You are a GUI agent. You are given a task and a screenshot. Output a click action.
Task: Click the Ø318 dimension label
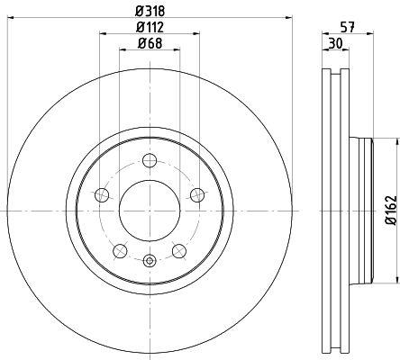click(150, 11)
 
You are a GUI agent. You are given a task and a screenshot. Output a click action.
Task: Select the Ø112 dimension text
click(150, 27)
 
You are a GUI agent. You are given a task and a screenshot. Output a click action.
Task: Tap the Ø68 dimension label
click(150, 43)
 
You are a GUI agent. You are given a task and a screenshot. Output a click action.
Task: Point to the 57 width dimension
click(348, 28)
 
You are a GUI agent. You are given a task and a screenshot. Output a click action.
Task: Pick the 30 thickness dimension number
click(335, 44)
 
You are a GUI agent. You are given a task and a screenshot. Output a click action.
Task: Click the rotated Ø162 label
click(391, 210)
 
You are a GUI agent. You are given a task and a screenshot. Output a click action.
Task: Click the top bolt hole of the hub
click(150, 160)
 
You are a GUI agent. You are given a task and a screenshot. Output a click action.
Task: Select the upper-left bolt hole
click(102, 195)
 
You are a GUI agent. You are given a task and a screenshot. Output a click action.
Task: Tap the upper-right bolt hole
click(197, 195)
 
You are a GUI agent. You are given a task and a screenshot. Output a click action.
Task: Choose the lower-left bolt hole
click(120, 251)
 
